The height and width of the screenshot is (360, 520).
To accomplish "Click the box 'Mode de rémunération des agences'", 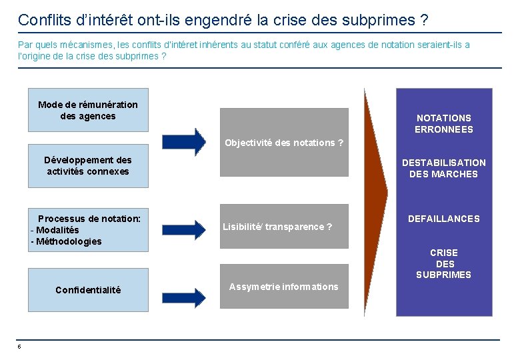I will pyautogui.click(x=88, y=110).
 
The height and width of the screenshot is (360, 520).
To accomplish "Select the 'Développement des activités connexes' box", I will pyautogui.click(x=88, y=166).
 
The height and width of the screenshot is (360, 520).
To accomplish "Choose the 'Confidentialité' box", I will pyautogui.click(x=88, y=290).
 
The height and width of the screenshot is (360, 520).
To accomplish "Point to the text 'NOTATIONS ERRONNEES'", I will pyautogui.click(x=443, y=123).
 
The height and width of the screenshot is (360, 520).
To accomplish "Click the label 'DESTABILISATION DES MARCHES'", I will pyautogui.click(x=443, y=168).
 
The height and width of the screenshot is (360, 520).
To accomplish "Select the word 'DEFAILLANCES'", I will pyautogui.click(x=443, y=219).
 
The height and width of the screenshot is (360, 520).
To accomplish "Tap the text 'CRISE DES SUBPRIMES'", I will pyautogui.click(x=443, y=263).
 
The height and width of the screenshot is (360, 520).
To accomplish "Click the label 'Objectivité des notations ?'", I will pyautogui.click(x=284, y=143).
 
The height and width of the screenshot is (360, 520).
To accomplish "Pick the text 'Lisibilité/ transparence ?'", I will pyautogui.click(x=277, y=227).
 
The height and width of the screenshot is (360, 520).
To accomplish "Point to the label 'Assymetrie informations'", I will pyautogui.click(x=283, y=287).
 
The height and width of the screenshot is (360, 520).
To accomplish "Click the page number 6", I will pyautogui.click(x=19, y=346).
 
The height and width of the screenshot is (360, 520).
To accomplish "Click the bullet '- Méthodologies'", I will pyautogui.click(x=66, y=241).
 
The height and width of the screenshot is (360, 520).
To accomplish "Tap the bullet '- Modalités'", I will pyautogui.click(x=55, y=230).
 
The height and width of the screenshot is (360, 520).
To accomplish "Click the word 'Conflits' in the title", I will pyautogui.click(x=40, y=20).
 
